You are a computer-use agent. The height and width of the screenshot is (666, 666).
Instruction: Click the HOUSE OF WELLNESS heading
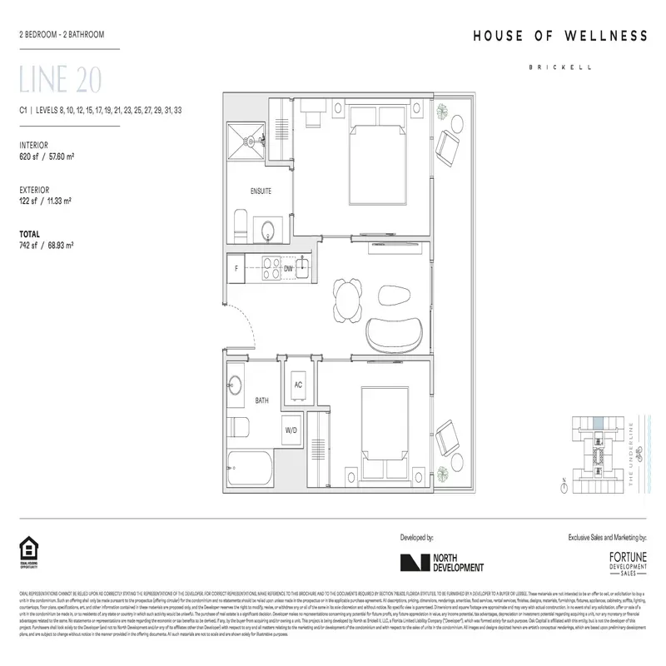[559, 36]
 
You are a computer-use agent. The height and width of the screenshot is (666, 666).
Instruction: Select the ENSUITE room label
[261, 191]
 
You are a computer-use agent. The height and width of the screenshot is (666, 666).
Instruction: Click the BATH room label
[261, 400]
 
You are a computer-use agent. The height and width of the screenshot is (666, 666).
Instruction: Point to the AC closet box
[297, 385]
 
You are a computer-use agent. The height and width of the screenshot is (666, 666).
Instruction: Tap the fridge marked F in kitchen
[238, 269]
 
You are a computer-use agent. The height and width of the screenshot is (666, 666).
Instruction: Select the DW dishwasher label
[288, 269]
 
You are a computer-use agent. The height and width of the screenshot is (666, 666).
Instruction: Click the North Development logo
[441, 564]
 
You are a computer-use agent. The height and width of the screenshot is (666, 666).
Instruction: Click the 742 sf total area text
[47, 246]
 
